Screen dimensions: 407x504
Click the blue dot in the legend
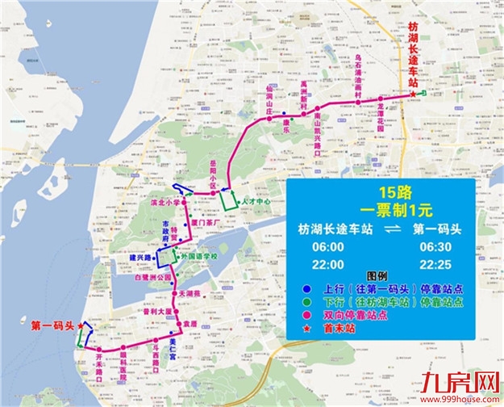tap(298, 289)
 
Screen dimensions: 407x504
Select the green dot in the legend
tap(298, 302)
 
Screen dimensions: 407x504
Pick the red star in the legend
tap(298, 328)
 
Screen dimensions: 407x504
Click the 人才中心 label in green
tap(256, 199)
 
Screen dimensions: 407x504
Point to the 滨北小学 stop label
tap(165, 201)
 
